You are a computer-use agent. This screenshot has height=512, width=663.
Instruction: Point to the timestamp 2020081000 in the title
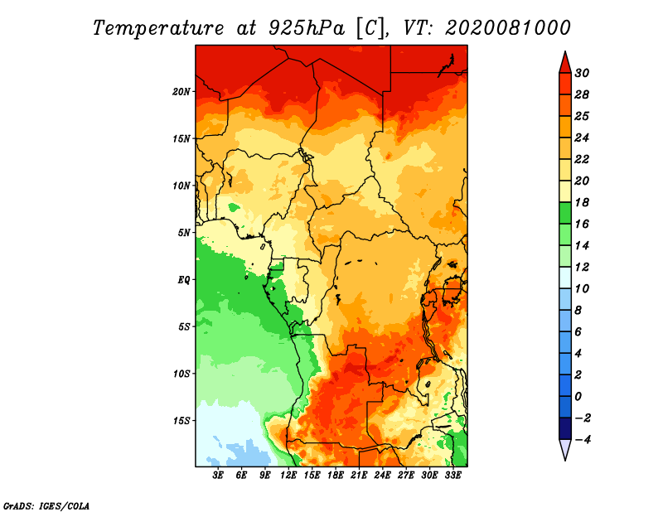coord(507,27)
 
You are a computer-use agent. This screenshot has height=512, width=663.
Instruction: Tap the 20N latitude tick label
coord(182,91)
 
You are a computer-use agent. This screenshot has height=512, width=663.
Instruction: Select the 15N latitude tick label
coord(182,138)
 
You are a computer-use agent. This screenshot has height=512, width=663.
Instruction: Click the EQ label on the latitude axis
coord(185,279)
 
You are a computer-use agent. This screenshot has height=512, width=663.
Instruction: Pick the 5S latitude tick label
coord(185,326)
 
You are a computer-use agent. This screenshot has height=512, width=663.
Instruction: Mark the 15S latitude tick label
coord(182,420)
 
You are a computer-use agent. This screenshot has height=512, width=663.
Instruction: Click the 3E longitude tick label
coord(219,475)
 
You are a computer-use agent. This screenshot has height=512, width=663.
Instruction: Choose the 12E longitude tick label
coord(289,475)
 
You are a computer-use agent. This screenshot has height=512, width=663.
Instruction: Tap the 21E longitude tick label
coord(360,475)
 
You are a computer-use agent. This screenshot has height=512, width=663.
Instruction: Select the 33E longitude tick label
coord(453,475)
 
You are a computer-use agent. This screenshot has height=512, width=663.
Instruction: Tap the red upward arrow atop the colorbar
coord(564,61)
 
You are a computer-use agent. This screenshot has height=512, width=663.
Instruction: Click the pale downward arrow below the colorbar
coord(564,450)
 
